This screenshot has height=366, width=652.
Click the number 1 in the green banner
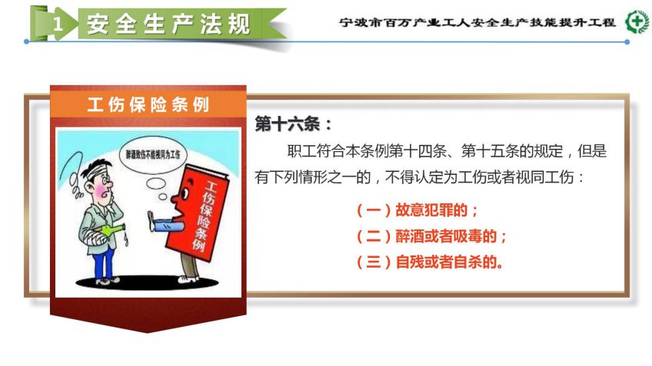click(x=58, y=24)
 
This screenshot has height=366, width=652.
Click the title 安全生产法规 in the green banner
click(x=168, y=24)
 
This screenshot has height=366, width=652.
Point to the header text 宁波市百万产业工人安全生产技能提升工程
click(x=477, y=22)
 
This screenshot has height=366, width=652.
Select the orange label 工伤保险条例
click(x=148, y=104)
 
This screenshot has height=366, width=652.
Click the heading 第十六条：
click(x=294, y=124)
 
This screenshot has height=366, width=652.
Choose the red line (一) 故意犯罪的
click(x=417, y=210)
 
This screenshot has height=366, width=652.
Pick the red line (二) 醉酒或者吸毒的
click(x=431, y=236)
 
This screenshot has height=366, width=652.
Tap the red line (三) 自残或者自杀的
click(x=430, y=262)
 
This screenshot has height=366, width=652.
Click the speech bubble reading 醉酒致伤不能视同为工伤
click(x=153, y=155)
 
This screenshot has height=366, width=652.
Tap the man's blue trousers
click(x=103, y=262)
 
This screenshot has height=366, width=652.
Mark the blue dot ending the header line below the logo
click(x=627, y=42)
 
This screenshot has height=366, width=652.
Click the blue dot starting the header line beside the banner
click(x=27, y=42)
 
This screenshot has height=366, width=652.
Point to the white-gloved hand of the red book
click(x=151, y=221)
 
